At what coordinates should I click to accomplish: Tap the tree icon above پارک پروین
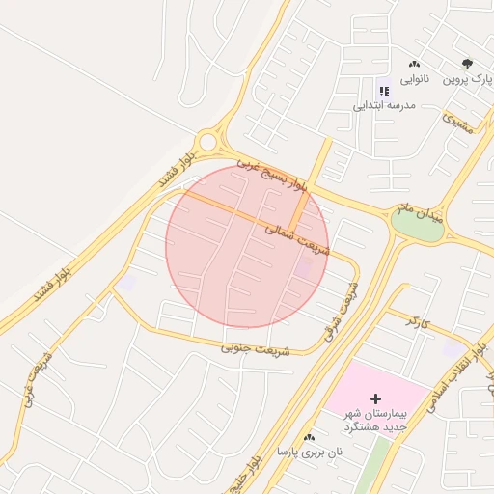point(467,64)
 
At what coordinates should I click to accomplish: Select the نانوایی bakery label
point(414,80)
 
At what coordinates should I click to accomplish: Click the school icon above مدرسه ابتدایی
point(384,90)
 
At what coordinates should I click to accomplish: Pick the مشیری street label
point(458,123)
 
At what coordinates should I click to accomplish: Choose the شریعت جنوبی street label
point(255,343)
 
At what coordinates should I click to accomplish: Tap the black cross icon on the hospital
point(375,398)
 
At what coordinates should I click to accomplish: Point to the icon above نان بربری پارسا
point(310,437)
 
